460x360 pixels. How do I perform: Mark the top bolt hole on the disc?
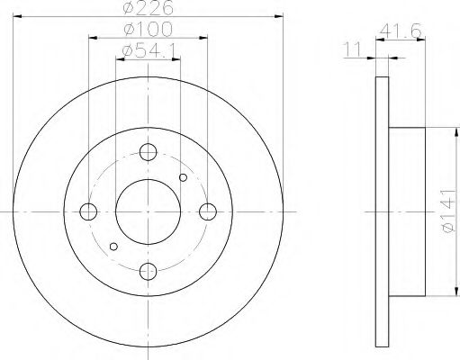(x=149, y=152)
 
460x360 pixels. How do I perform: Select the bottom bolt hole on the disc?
(x=149, y=271)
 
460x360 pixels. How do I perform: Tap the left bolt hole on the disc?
(x=88, y=211)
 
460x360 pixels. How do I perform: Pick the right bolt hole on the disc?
(x=208, y=211)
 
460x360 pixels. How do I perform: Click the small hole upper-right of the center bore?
(x=184, y=177)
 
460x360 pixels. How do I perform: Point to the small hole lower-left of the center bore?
(x=113, y=246)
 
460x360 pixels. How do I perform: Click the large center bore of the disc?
(x=149, y=211)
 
